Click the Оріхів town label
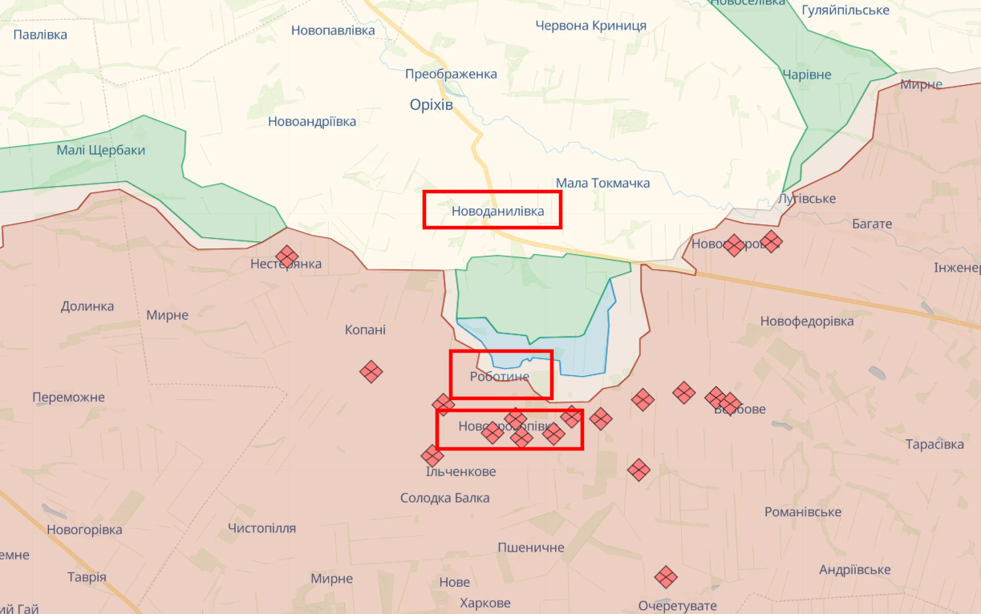431,105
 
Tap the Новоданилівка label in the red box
497,211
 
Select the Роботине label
500,376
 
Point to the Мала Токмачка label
602,183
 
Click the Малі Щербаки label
101,150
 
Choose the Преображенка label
451,74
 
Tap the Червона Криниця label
590,25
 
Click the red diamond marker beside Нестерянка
286,257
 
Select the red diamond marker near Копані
371,371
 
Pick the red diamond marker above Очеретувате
666,576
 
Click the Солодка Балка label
444,498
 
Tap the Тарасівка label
934,444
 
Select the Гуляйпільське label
845,10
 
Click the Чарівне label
807,75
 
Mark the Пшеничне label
531,547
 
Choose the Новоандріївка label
312,122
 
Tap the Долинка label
87,306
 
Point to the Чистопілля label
261,528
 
